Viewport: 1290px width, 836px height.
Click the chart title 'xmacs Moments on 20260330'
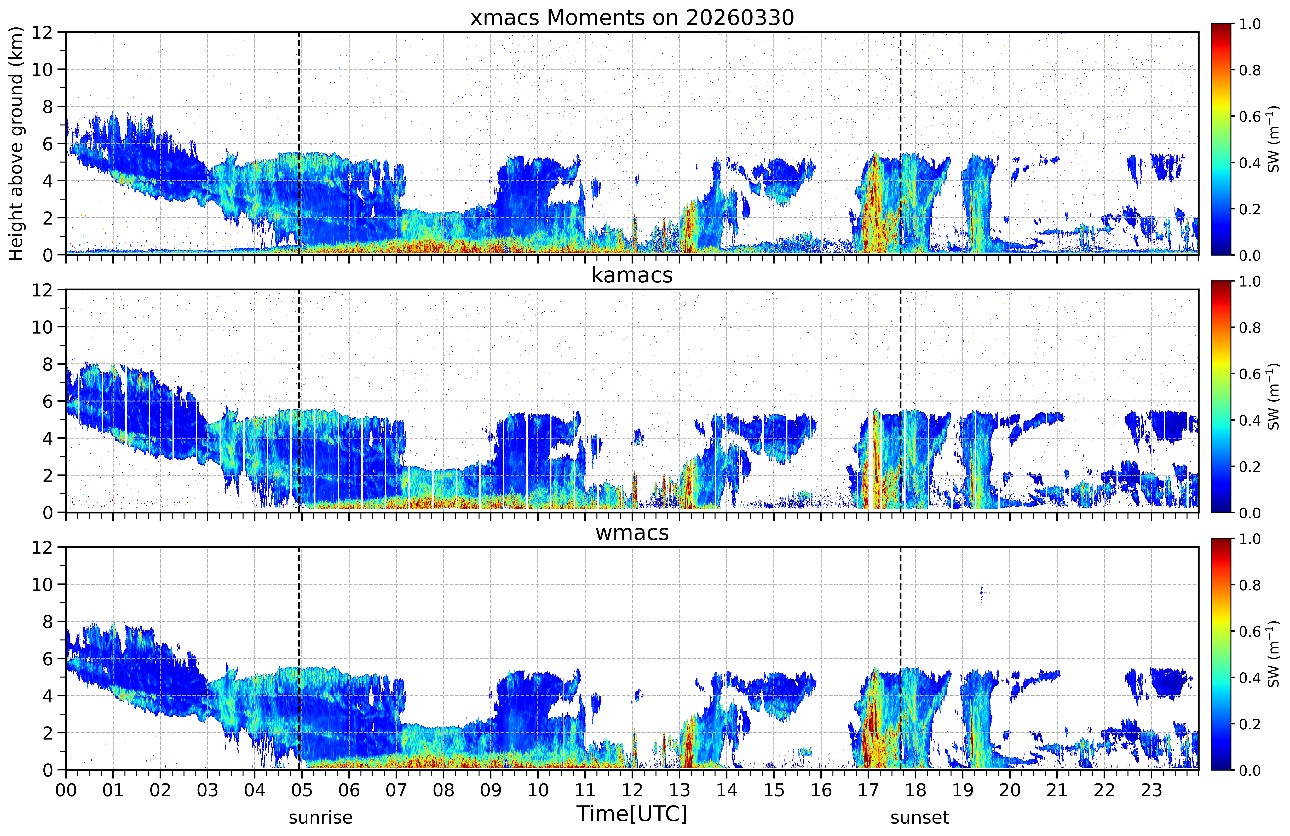click(632, 18)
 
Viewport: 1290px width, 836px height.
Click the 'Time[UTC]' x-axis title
click(632, 814)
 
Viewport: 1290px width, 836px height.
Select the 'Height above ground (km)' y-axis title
click(16, 144)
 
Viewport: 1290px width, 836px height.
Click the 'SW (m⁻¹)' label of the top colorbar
click(1274, 139)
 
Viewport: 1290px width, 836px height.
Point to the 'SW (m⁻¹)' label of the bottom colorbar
click(1274, 654)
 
